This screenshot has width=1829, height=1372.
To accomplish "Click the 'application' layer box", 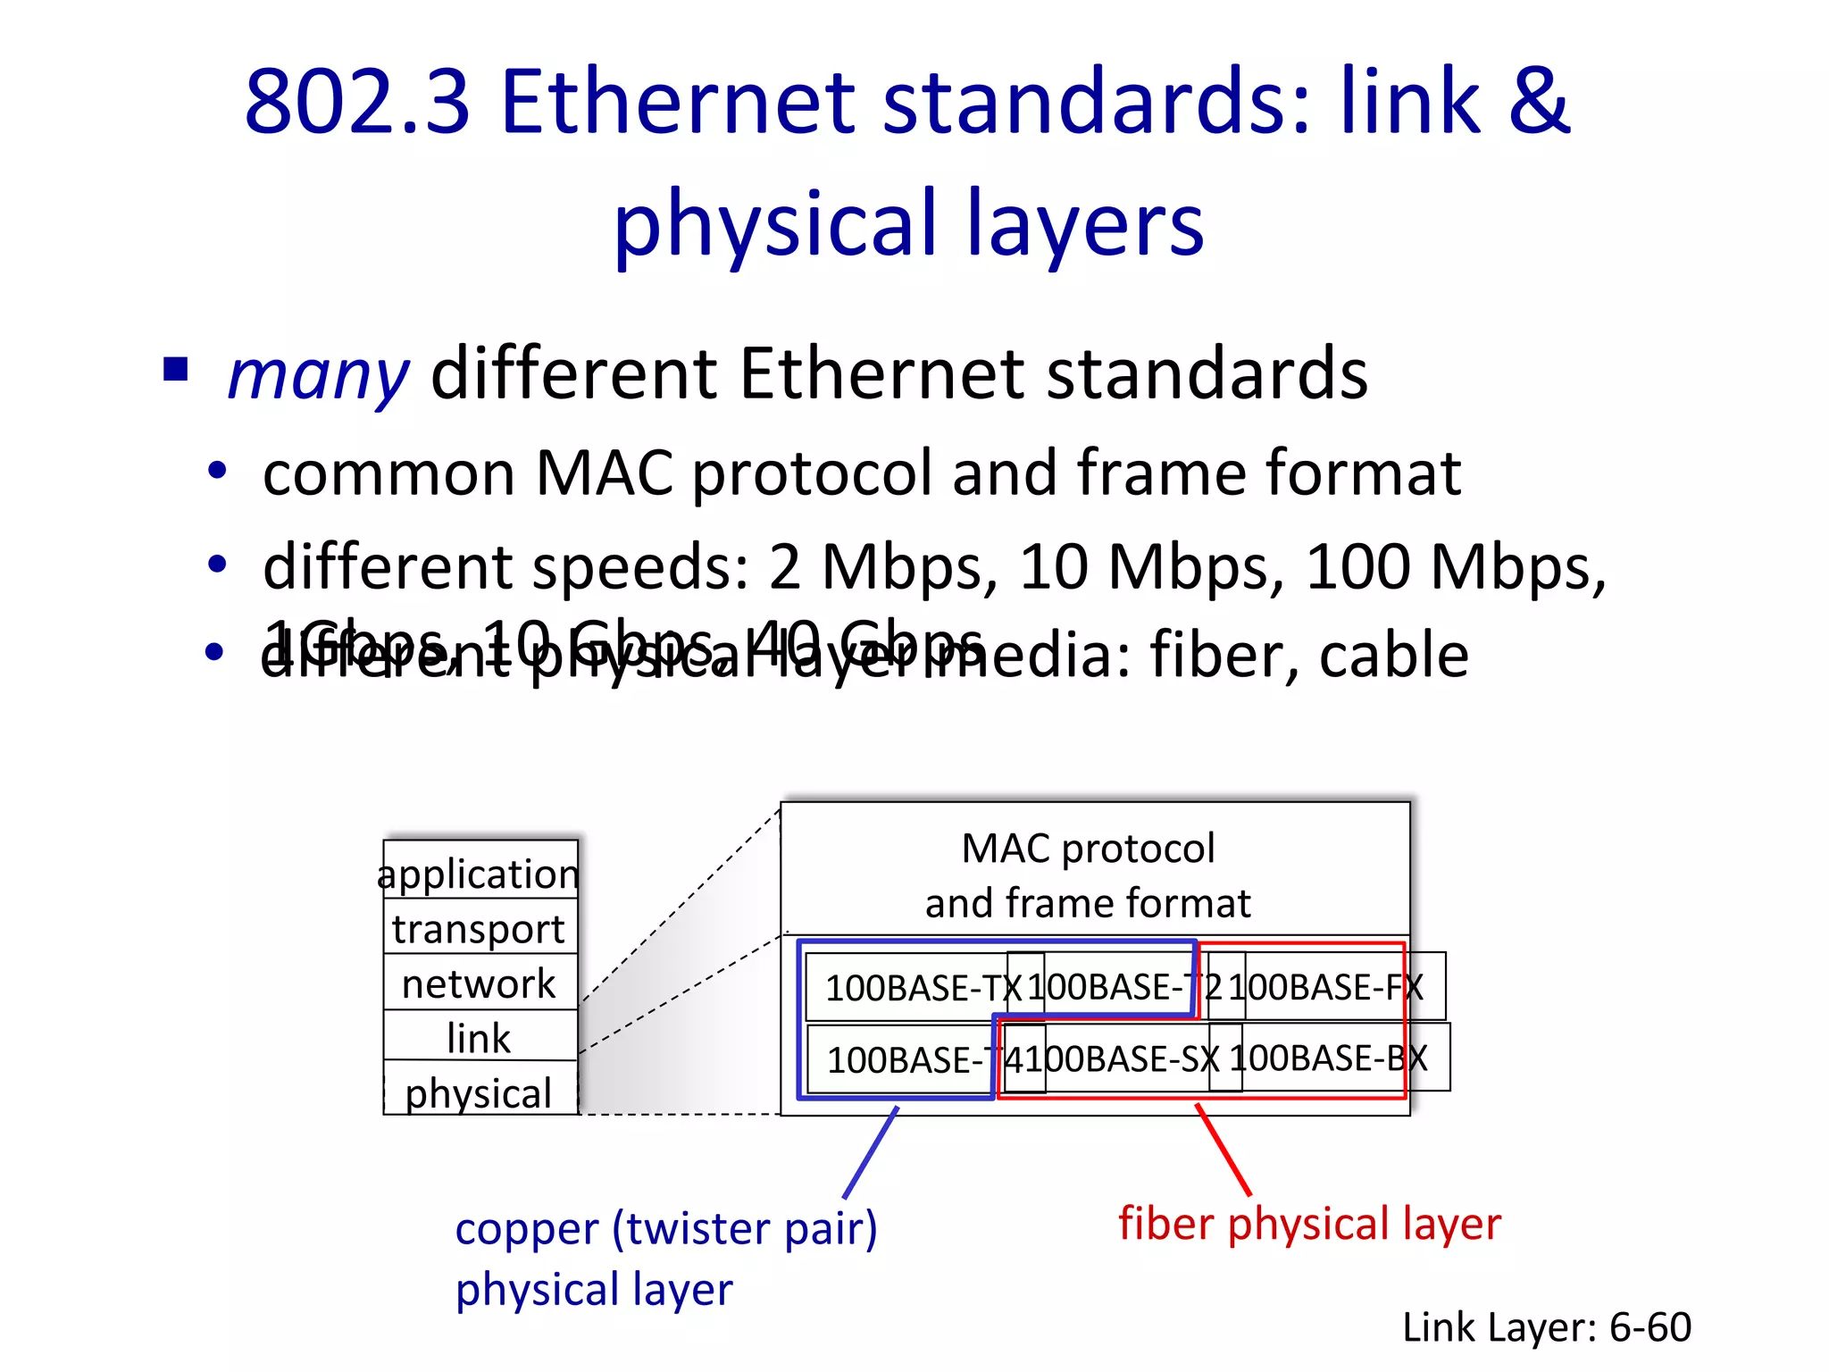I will click(480, 872).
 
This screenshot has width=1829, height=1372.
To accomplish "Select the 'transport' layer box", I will click(480, 928).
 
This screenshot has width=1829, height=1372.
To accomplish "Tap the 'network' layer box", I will click(480, 983).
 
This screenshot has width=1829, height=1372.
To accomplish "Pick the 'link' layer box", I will click(480, 1037).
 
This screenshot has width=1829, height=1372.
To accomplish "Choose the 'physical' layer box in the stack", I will click(480, 1092).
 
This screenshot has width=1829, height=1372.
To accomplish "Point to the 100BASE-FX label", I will click(1325, 987).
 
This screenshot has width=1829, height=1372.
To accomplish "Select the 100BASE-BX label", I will click(1328, 1058).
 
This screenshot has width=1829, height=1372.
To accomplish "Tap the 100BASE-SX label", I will click(1130, 1058).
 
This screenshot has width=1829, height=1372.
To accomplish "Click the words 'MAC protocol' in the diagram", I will click(1088, 848).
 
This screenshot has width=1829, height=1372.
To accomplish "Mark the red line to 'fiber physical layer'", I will click(1224, 1150).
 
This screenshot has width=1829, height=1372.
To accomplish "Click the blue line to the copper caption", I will click(871, 1152).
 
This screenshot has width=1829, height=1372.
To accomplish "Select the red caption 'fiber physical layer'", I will click(1309, 1223).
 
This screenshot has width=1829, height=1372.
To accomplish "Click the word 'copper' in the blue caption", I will click(527, 1228).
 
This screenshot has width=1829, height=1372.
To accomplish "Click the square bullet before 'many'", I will click(176, 368).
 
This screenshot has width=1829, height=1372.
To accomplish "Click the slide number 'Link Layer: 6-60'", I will click(1546, 1326).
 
